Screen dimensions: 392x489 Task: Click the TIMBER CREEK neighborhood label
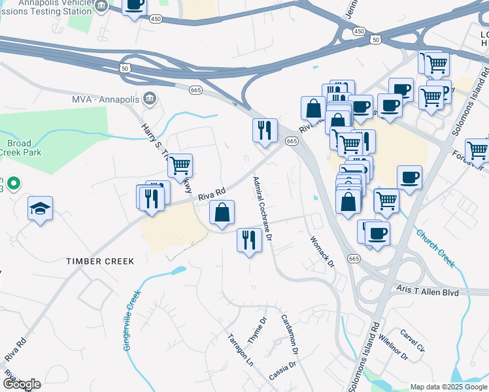point(100,261)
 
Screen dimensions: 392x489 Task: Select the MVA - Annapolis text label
point(104,99)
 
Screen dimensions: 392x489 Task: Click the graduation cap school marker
point(41,209)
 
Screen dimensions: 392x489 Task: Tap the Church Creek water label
point(435,248)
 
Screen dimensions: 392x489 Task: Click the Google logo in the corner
point(21,384)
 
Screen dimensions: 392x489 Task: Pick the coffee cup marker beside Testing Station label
point(135,5)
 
